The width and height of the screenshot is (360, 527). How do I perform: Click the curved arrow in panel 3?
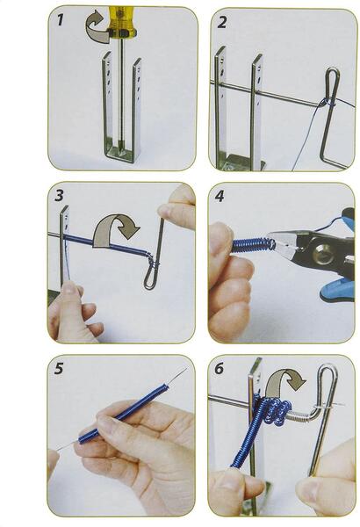116,224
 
